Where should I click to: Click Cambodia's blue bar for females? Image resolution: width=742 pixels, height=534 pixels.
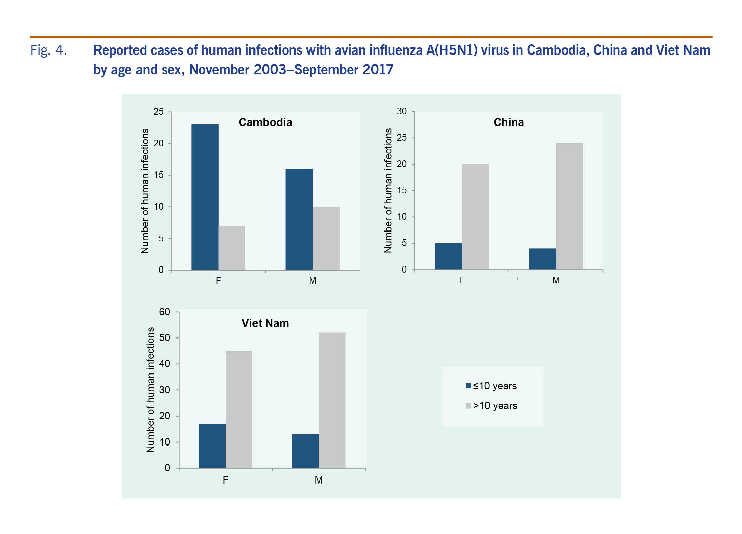point(205,197)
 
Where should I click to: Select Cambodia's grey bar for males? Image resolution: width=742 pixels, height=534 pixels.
point(326,238)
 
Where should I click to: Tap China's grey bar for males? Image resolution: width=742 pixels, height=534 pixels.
point(569,206)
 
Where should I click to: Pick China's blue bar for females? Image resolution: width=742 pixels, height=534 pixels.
point(448,256)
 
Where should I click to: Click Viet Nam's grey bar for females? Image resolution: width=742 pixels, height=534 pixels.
point(239,409)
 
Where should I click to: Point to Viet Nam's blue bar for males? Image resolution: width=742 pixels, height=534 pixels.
point(305,451)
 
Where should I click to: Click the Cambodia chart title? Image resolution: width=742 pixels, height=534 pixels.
point(265,122)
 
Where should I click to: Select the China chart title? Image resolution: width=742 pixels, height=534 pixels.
point(508,122)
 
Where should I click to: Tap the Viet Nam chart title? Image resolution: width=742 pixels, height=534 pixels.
point(265,323)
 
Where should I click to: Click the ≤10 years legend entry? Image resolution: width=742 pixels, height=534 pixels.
point(491,386)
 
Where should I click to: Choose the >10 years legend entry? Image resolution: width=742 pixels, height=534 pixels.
point(491,406)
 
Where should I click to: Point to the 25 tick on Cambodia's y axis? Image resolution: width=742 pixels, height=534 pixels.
point(159,112)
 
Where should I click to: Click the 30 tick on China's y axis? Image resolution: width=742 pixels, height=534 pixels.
point(402,111)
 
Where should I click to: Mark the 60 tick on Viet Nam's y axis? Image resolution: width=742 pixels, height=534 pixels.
point(165,312)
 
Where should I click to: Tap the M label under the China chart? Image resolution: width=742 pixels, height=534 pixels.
point(556,280)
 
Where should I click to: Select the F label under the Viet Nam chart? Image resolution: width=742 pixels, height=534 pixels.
point(225,480)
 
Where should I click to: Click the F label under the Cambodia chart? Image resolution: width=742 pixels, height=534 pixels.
point(218,281)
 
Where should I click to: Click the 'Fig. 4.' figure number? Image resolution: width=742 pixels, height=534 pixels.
point(48,50)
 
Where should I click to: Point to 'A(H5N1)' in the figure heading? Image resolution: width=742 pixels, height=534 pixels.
point(452,50)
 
